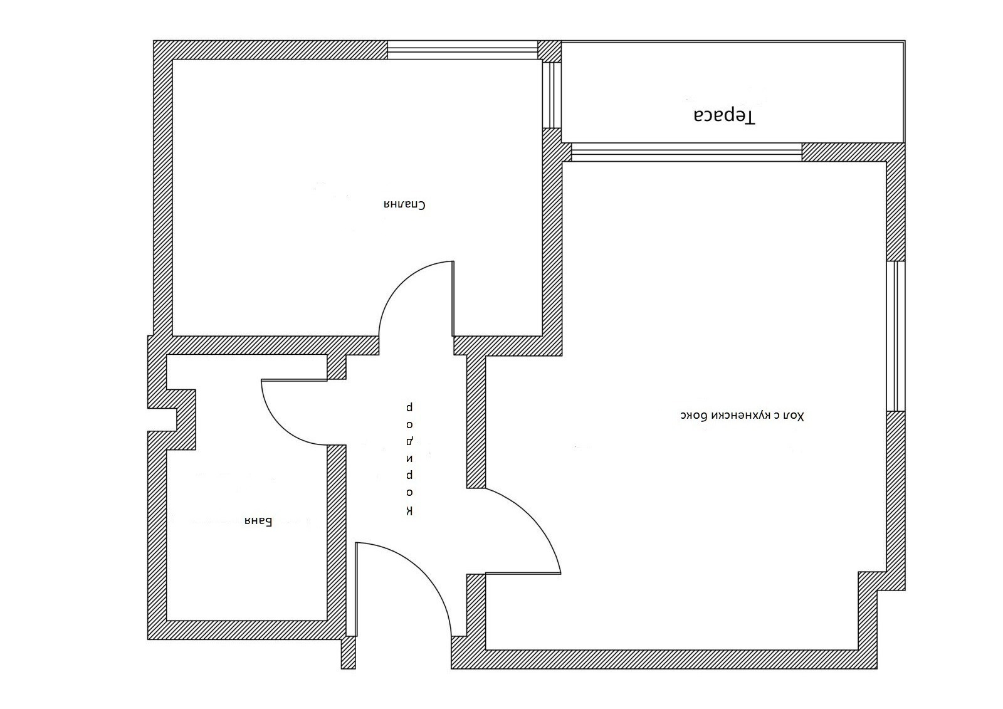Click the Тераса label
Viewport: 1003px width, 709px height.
724,116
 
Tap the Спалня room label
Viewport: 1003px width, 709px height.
404,205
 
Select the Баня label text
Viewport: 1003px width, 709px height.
258,522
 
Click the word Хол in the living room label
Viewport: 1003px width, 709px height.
794,416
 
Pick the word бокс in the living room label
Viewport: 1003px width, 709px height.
693,416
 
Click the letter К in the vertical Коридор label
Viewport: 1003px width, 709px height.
409,511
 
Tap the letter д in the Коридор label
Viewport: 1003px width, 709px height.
409,441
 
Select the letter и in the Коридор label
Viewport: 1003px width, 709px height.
409,459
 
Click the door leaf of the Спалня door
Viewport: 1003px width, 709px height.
453,299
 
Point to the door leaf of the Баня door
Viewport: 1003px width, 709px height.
294,381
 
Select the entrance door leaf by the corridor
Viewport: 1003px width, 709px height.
357,589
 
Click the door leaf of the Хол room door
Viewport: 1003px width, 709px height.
523,574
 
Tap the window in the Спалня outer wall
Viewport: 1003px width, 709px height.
462,50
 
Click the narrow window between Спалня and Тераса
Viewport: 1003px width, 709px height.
552,95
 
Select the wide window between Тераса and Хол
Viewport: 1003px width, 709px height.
686,152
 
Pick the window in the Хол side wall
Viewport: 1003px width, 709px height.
896,336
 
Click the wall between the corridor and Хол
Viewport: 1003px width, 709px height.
476,421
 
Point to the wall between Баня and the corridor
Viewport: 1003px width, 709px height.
337,533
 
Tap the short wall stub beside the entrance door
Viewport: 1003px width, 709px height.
349,653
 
